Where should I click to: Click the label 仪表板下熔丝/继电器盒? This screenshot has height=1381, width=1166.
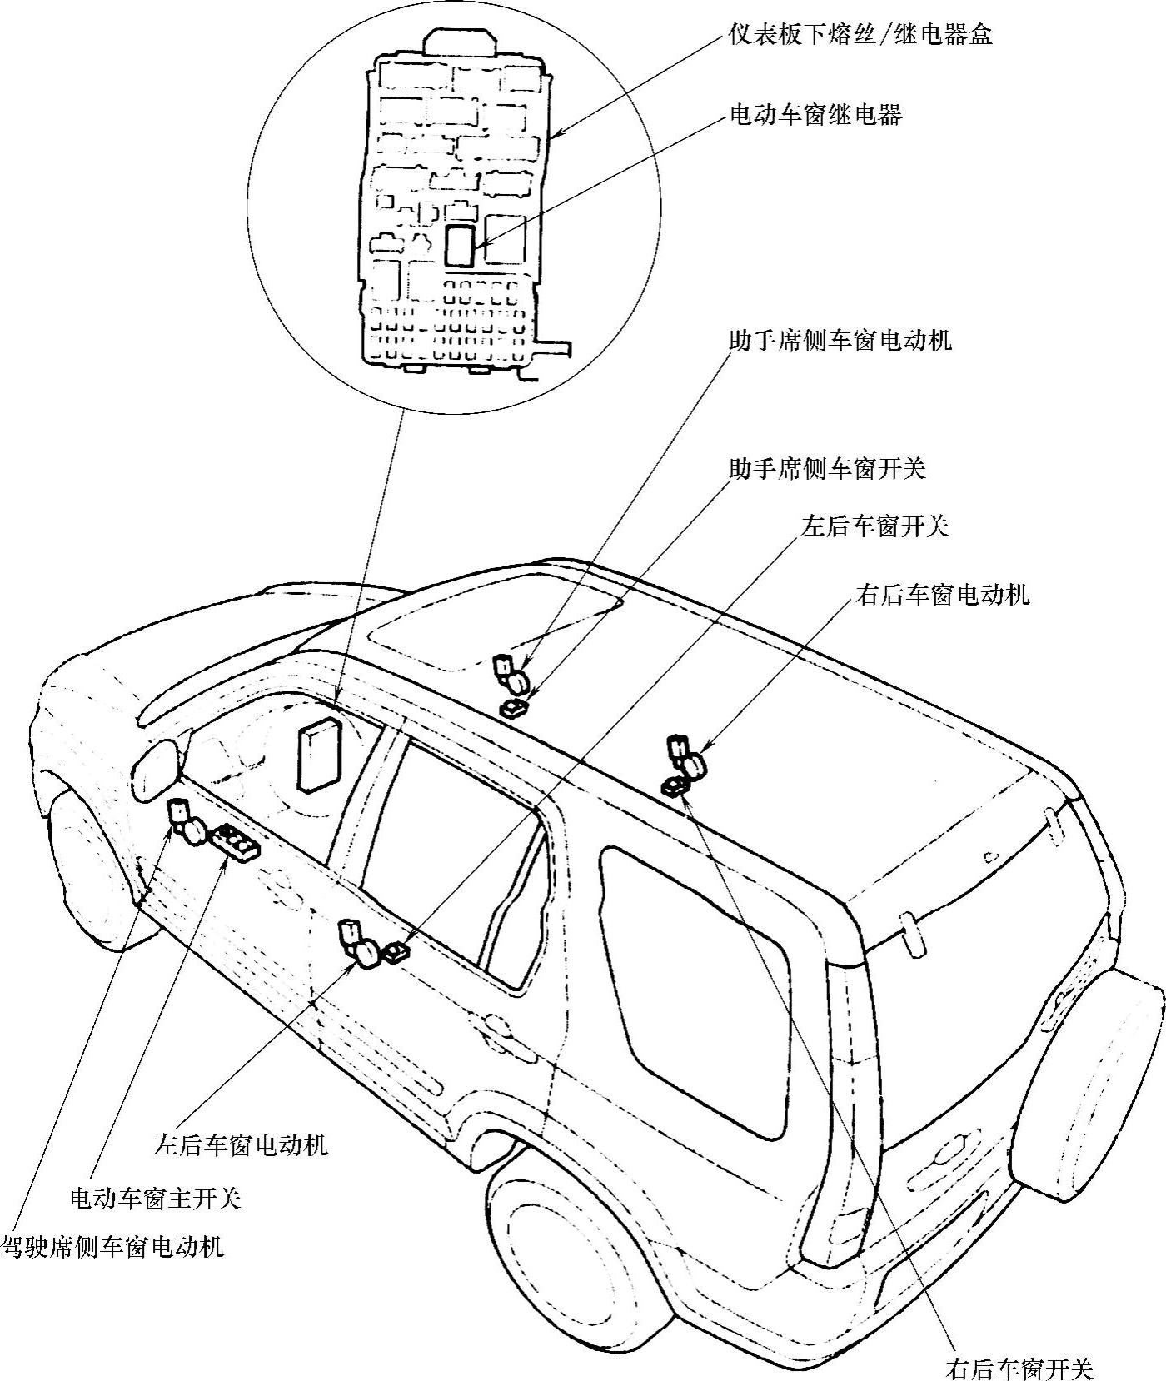860,35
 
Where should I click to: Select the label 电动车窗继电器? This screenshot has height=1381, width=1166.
815,114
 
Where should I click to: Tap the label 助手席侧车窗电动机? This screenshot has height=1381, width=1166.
840,341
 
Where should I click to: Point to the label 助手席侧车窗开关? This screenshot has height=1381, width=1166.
826,469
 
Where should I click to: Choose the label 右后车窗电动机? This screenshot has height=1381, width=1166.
942,595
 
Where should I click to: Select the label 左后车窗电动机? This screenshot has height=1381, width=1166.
241,1144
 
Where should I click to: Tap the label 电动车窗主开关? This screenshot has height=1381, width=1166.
156,1199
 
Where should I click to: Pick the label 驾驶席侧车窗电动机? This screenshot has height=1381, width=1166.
112,1247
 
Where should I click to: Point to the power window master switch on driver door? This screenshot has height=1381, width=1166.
237,842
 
